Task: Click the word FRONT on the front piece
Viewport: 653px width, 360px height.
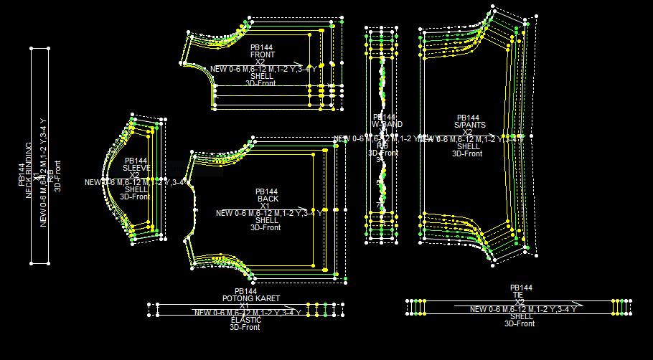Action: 262,55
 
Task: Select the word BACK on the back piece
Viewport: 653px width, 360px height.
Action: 268,199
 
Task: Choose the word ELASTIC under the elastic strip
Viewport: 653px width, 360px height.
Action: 245,320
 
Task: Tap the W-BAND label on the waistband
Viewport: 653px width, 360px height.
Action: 387,124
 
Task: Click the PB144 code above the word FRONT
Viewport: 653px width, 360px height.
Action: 262,47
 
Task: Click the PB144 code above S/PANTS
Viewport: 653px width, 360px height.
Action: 468,118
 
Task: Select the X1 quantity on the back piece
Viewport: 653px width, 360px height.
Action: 265,206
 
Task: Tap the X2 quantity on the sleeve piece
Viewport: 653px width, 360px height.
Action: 135,175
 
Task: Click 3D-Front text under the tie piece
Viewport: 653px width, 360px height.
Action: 520,323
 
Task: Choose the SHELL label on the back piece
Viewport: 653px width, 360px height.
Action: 267,220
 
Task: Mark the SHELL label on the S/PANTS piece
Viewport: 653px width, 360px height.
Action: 469,146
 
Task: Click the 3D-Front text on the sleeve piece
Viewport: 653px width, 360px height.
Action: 134,196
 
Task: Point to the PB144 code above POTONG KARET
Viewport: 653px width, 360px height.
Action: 245,291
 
